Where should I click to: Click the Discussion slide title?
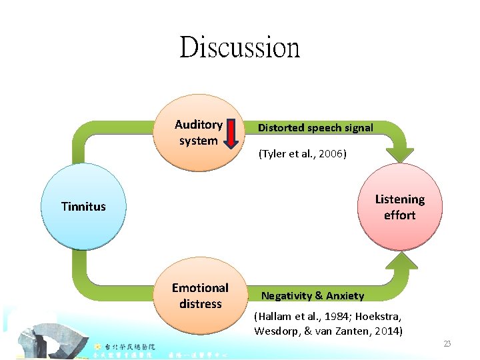click(239, 47)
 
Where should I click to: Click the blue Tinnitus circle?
click(83, 206)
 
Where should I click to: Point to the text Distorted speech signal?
click(315, 127)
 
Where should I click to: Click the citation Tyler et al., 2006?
click(302, 154)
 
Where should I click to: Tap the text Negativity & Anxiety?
click(313, 295)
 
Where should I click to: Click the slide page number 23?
click(447, 343)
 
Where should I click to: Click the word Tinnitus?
click(83, 207)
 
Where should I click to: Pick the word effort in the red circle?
click(399, 215)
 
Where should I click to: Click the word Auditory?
click(199, 125)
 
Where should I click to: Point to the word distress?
click(200, 304)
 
